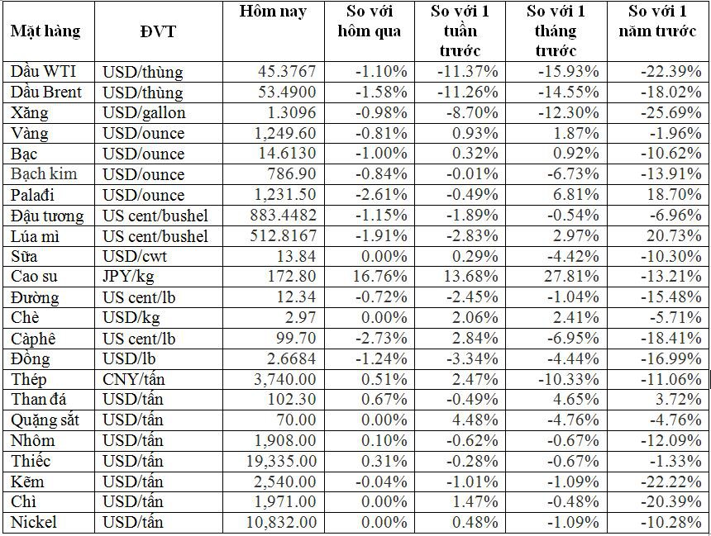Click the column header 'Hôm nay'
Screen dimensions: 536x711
pos(273,12)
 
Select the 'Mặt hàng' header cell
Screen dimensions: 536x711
pos(45,31)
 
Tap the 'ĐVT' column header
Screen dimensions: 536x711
pos(158,31)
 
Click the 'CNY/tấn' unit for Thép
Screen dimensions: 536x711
pos(133,379)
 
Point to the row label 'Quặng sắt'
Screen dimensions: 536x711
pos(45,420)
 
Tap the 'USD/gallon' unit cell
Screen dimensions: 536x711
pos(144,112)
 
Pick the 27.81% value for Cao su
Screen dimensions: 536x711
pos(572,277)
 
